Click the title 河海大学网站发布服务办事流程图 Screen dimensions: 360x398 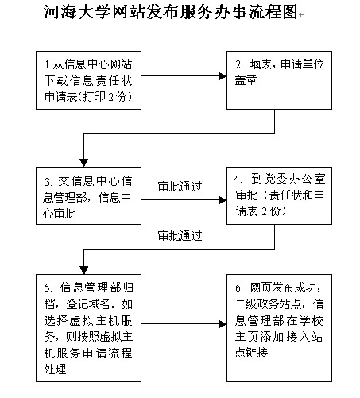[171, 12]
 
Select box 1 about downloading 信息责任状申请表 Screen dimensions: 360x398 [88, 80]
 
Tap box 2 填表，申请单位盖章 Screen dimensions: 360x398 [279, 80]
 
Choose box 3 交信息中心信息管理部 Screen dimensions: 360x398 [88, 195]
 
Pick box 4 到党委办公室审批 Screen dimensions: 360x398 [279, 195]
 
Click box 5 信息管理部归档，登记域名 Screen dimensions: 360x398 [88, 328]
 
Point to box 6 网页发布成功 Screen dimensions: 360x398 [279, 328]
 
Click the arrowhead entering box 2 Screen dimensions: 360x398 [223, 76]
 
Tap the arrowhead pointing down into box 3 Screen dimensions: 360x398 [83, 163]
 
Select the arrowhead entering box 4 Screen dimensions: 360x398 [223, 200]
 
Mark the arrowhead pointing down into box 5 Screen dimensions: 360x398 [83, 270]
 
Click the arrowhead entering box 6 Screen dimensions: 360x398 [223, 323]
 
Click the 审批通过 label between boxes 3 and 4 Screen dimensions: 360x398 [180, 187]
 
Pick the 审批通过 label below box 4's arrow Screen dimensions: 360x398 [180, 235]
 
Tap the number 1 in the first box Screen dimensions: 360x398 [48, 64]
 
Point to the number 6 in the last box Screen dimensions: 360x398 [238, 288]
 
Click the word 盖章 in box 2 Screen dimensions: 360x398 [246, 80]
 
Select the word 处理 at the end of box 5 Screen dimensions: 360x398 [55, 369]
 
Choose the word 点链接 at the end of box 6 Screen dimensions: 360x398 [251, 352]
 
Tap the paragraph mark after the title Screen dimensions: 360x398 [302, 14]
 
